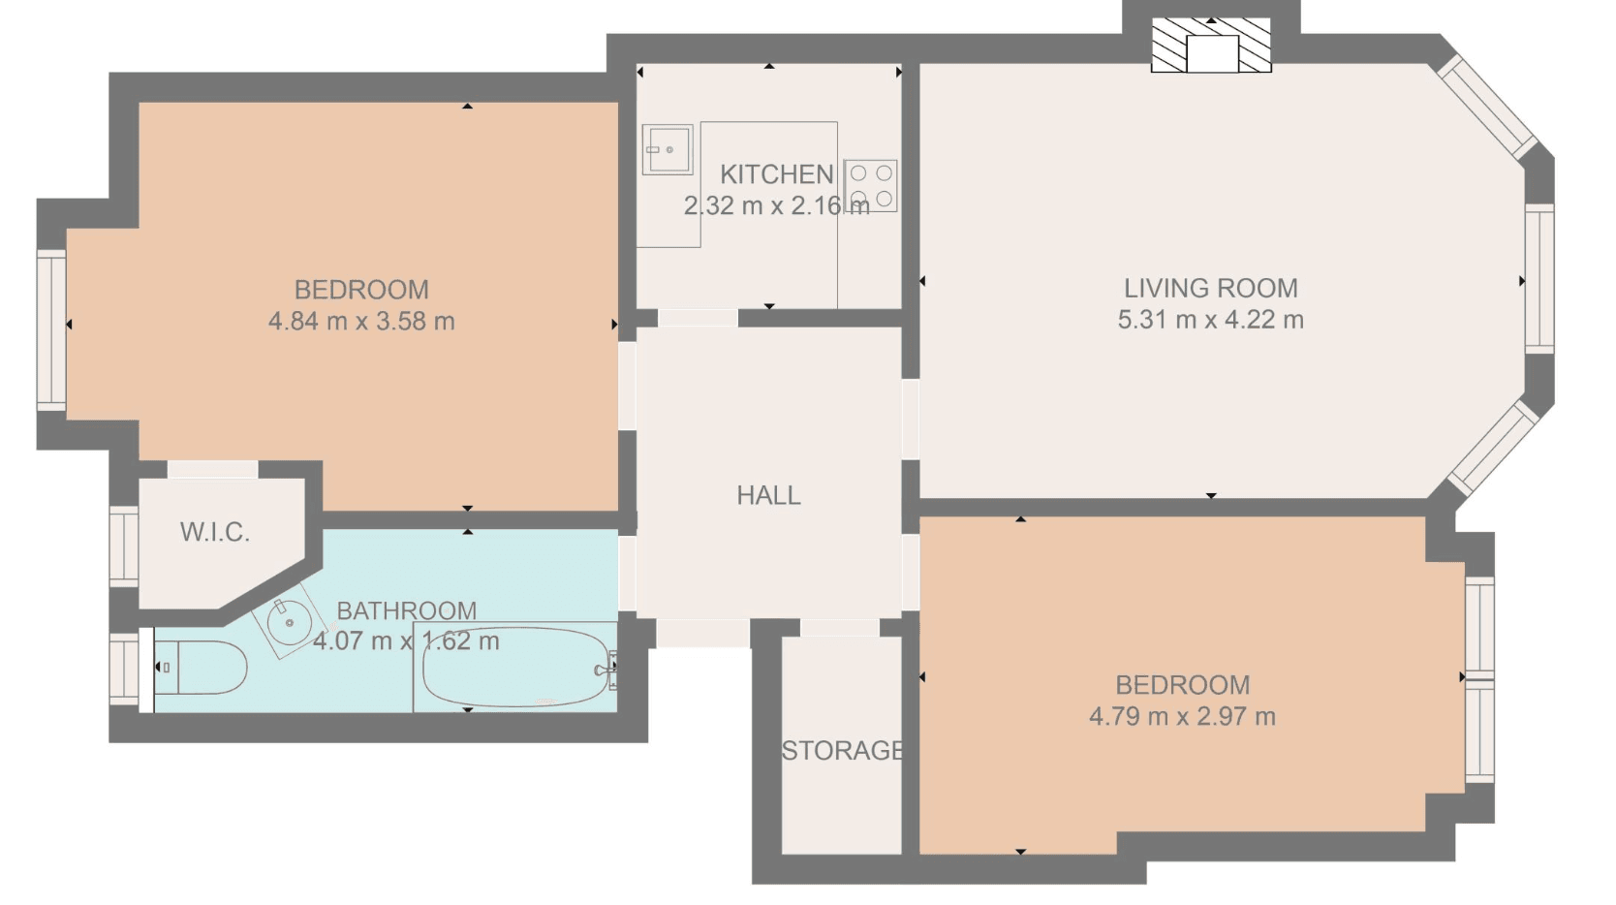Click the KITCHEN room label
(x=777, y=174)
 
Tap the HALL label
(x=768, y=496)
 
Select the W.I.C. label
(x=214, y=533)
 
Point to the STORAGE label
(x=843, y=751)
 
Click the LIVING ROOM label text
(x=1211, y=289)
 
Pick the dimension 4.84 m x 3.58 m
(x=361, y=321)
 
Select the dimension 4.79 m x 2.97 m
(x=1182, y=717)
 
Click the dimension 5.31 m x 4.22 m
(x=1211, y=320)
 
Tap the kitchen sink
(x=668, y=150)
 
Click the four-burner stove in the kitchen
(x=871, y=186)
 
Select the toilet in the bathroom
(x=201, y=668)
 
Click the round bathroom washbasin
(x=290, y=621)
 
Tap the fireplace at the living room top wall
(x=1211, y=46)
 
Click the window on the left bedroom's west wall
(x=52, y=330)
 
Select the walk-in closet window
(x=123, y=546)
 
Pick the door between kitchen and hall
(x=698, y=318)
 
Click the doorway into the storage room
(x=840, y=627)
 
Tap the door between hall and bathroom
(x=627, y=573)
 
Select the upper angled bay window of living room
(x=1487, y=109)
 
